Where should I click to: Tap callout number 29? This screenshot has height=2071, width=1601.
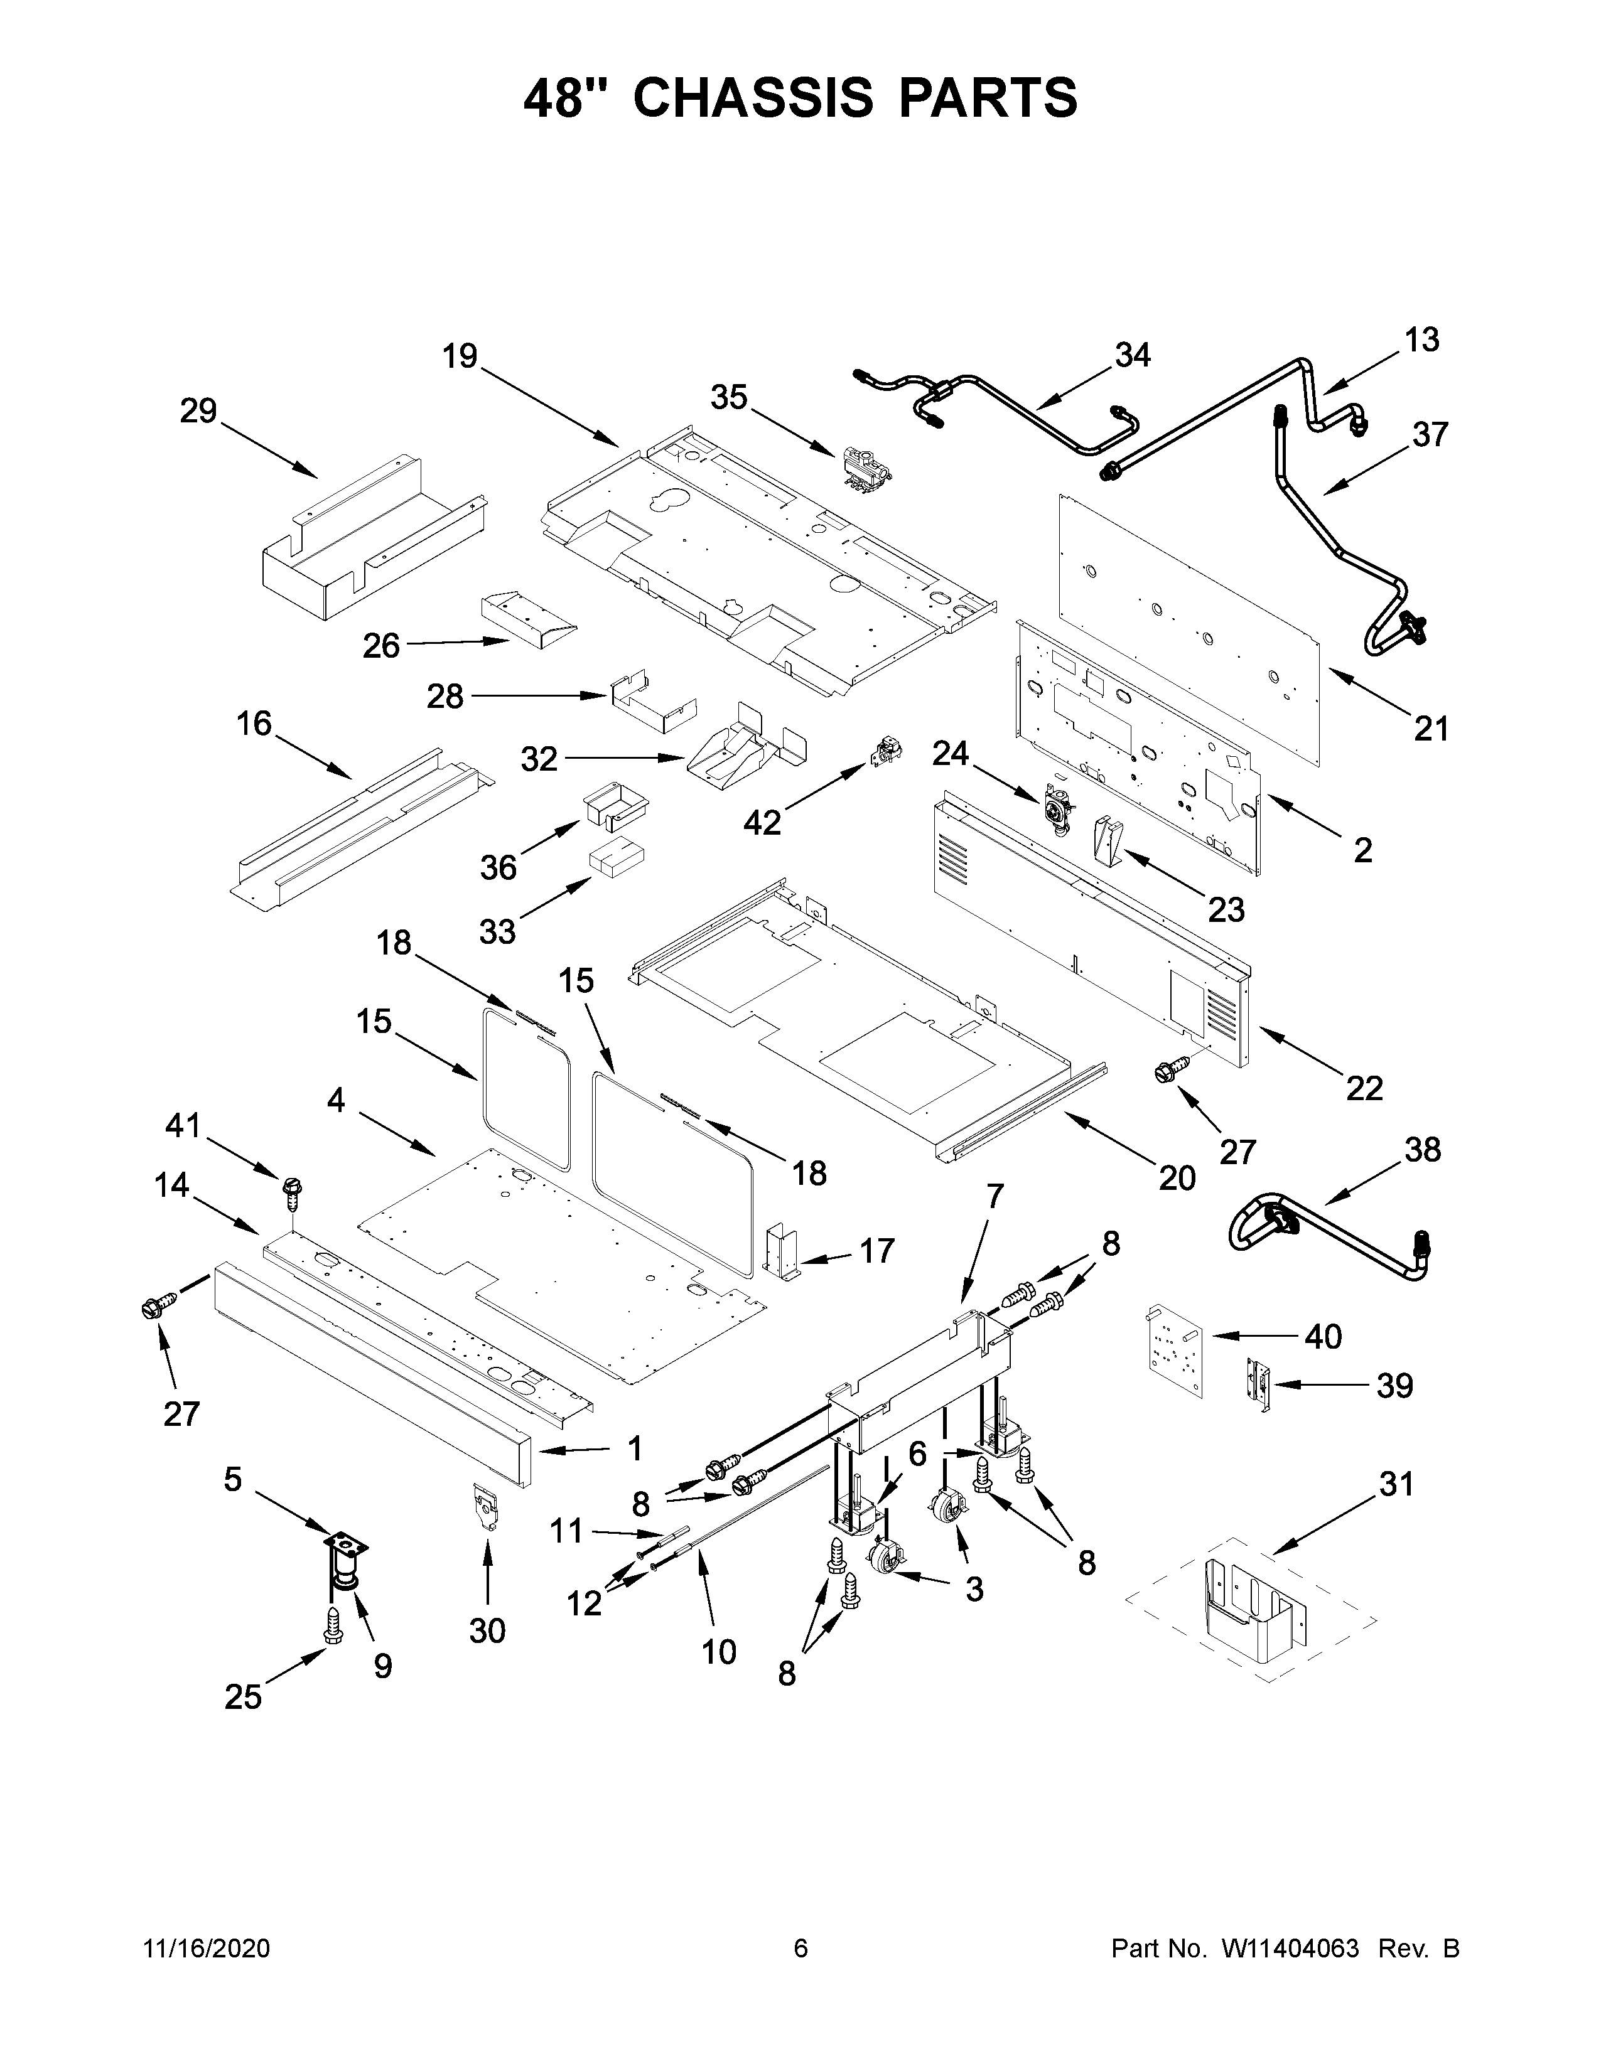pyautogui.click(x=199, y=412)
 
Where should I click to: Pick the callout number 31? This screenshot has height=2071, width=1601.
pyautogui.click(x=1395, y=1484)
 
